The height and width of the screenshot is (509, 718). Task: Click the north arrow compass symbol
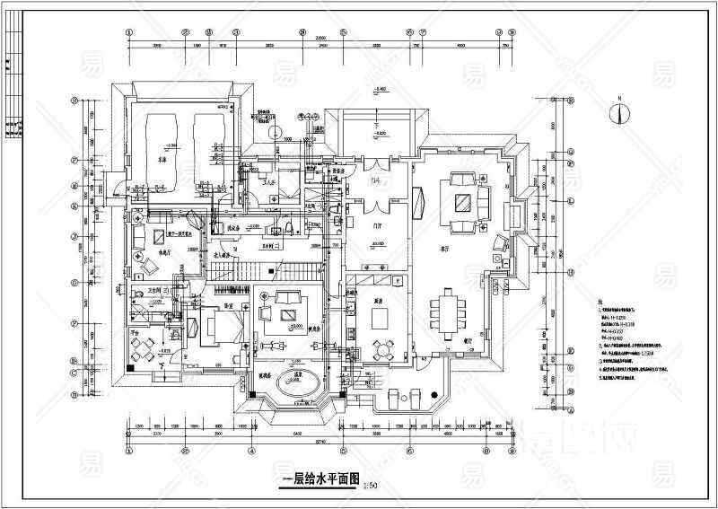[x=617, y=112]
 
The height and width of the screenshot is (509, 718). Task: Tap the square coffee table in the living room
[x=463, y=201]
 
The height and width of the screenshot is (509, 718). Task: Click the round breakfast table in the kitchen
[x=388, y=347]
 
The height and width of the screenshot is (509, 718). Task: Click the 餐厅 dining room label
[x=468, y=341]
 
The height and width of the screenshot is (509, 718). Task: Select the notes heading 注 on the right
[x=598, y=305]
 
